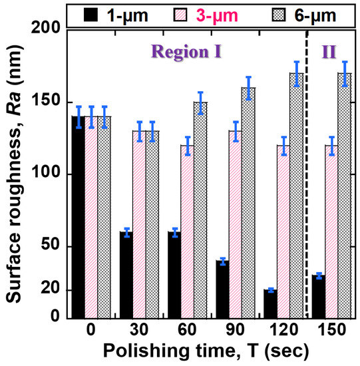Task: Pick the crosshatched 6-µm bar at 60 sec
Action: tap(200, 210)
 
